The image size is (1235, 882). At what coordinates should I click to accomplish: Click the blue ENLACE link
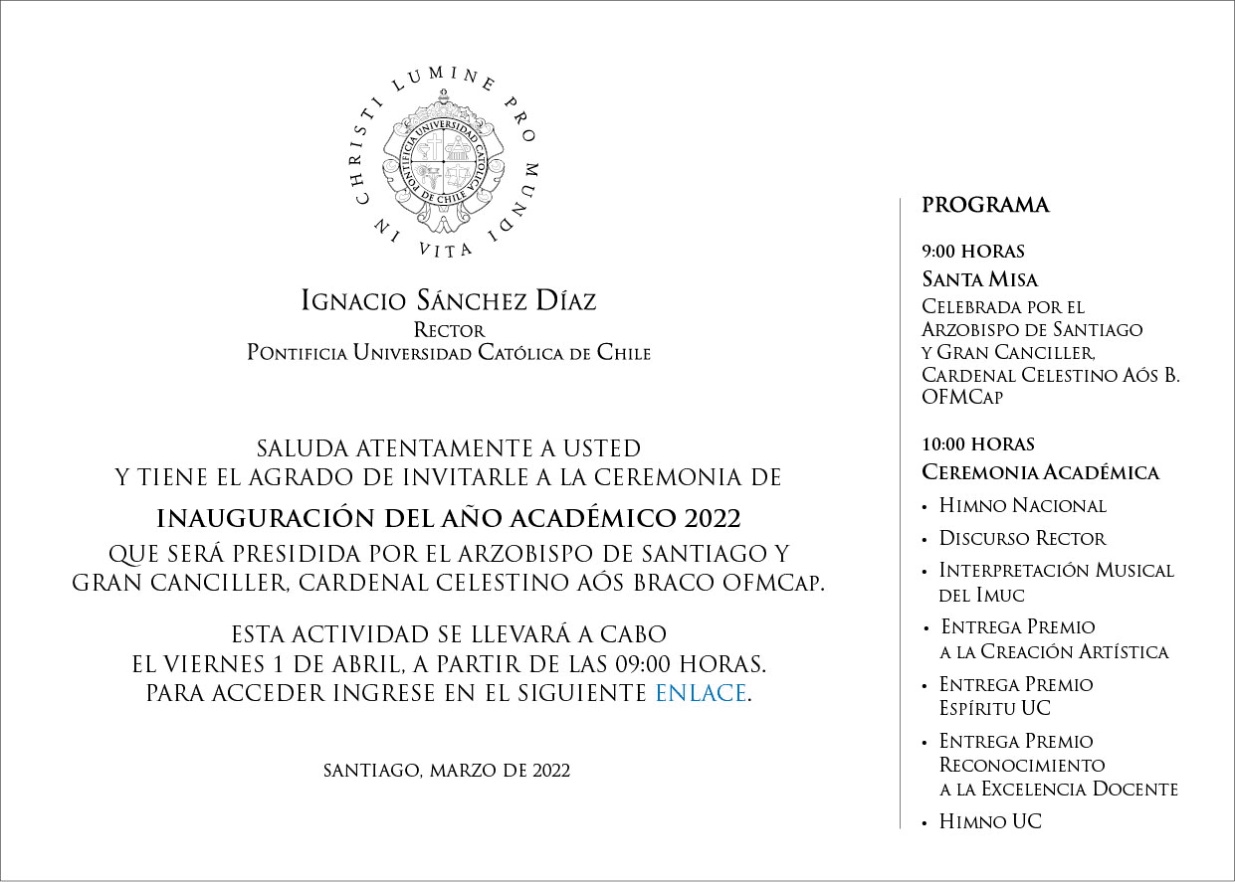pyautogui.click(x=701, y=693)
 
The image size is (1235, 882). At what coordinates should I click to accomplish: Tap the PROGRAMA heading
pyautogui.click(x=985, y=206)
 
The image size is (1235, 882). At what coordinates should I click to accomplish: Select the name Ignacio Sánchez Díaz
pyautogui.click(x=449, y=300)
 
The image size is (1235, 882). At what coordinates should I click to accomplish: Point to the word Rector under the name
pyautogui.click(x=449, y=330)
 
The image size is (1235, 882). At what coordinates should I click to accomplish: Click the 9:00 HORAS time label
pyautogui.click(x=973, y=252)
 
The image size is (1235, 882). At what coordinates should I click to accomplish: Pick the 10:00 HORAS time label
pyautogui.click(x=978, y=444)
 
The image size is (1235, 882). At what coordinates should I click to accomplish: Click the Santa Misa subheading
pyautogui.click(x=979, y=279)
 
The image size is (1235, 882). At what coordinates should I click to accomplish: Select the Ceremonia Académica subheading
pyautogui.click(x=1040, y=472)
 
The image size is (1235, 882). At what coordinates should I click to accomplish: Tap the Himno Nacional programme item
pyautogui.click(x=1022, y=505)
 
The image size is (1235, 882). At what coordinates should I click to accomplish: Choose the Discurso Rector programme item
pyautogui.click(x=1022, y=538)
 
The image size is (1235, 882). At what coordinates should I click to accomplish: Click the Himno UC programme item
pyautogui.click(x=990, y=821)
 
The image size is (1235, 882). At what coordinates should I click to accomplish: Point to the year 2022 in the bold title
pyautogui.click(x=712, y=519)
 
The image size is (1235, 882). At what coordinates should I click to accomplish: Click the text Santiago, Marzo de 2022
pyautogui.click(x=447, y=771)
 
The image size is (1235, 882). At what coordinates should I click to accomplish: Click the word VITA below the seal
pyautogui.click(x=446, y=250)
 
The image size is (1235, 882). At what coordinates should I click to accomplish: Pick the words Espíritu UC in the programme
pyautogui.click(x=994, y=709)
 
